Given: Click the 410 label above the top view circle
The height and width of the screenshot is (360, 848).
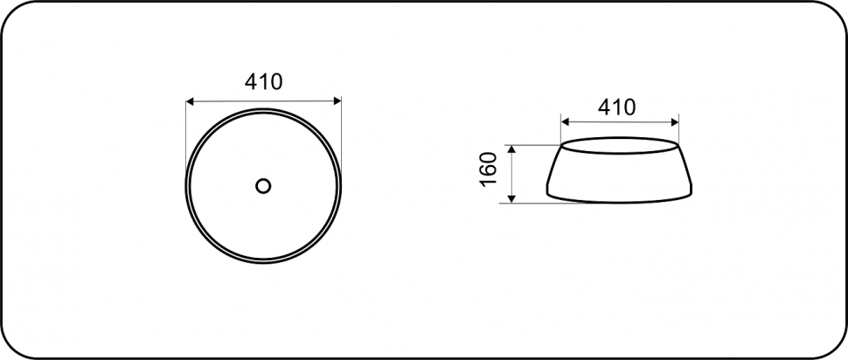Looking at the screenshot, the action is pos(264,81).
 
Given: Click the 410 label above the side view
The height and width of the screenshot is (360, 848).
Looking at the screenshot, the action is pos(616,107).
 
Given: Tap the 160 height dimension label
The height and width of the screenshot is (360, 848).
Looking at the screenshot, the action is pos(489,170).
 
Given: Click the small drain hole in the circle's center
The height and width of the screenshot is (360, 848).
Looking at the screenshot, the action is pos(263,186).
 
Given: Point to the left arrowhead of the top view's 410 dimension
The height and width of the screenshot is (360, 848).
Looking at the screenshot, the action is pos(190,101).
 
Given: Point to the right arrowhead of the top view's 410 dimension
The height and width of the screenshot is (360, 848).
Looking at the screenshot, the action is pos(337,100).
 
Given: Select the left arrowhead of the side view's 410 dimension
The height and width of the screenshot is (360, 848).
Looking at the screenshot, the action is pos(566,122).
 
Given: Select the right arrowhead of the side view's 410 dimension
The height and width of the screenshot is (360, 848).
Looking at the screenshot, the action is pos(674,122).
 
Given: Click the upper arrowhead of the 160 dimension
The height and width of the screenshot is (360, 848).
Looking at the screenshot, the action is pos(512,149).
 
